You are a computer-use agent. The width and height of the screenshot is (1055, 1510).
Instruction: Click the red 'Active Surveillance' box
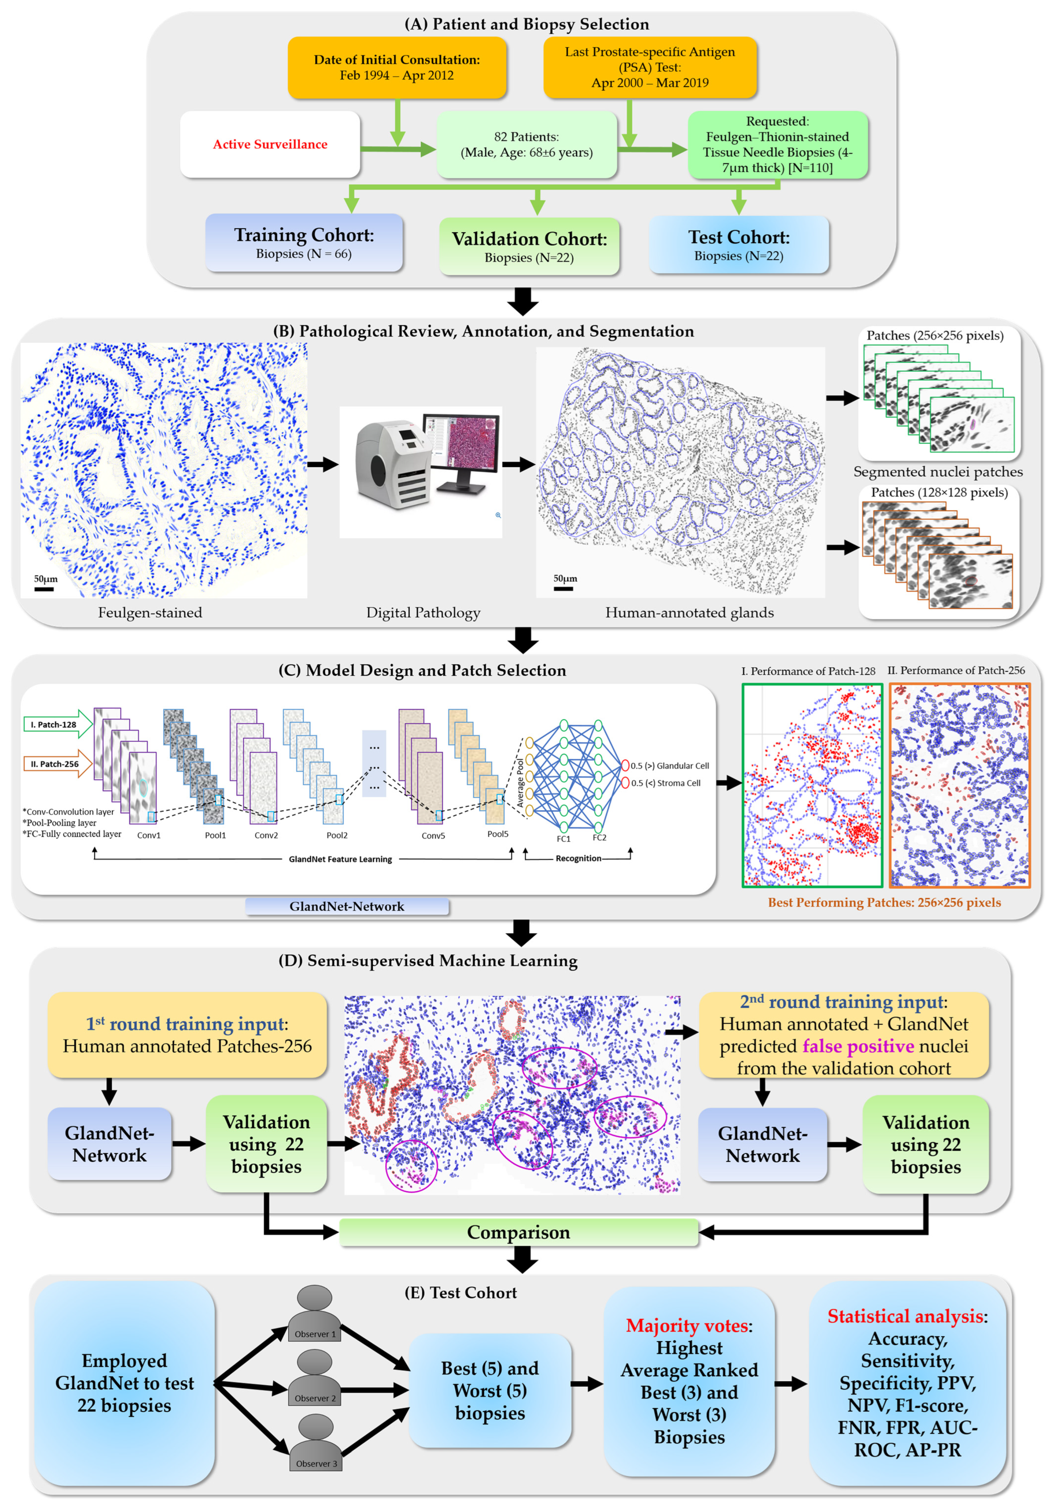pyautogui.click(x=270, y=144)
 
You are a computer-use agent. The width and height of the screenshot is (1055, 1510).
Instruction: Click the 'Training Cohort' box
pyautogui.click(x=304, y=243)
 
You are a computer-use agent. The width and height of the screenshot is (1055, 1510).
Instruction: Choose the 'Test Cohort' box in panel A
pyautogui.click(x=738, y=245)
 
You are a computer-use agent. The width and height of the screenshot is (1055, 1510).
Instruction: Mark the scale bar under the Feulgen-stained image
pyautogui.click(x=44, y=589)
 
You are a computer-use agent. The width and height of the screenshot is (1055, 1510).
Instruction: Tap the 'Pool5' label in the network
pyautogui.click(x=497, y=834)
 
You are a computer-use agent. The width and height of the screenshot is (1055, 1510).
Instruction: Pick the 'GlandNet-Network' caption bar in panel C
pyautogui.click(x=347, y=906)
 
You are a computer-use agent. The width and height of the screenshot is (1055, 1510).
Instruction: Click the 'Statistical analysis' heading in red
pyautogui.click(x=906, y=1316)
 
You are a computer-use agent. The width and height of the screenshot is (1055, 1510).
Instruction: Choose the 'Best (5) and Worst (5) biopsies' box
pyautogui.click(x=490, y=1390)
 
